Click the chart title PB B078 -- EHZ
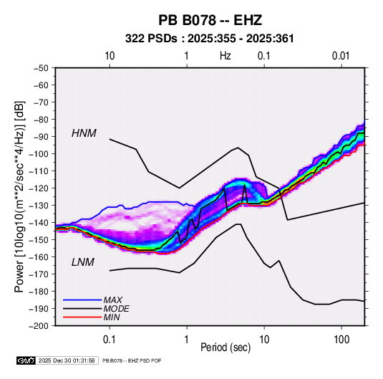[210, 20]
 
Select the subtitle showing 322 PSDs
[210, 39]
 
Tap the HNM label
[84, 133]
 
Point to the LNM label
[83, 262]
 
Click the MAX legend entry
[112, 299]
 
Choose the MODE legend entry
[116, 309]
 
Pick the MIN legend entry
[112, 317]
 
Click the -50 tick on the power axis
[41, 68]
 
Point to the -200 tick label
[39, 326]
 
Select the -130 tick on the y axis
[39, 206]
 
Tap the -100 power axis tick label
[39, 154]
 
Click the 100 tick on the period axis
[341, 340]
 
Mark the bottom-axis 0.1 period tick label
[110, 340]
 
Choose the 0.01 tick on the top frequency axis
[341, 56]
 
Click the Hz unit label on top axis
[226, 56]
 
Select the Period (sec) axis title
[226, 347]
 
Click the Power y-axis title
[19, 196]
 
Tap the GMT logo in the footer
[26, 360]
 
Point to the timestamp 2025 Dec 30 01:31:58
[67, 360]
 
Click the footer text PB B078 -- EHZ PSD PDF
[132, 360]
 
